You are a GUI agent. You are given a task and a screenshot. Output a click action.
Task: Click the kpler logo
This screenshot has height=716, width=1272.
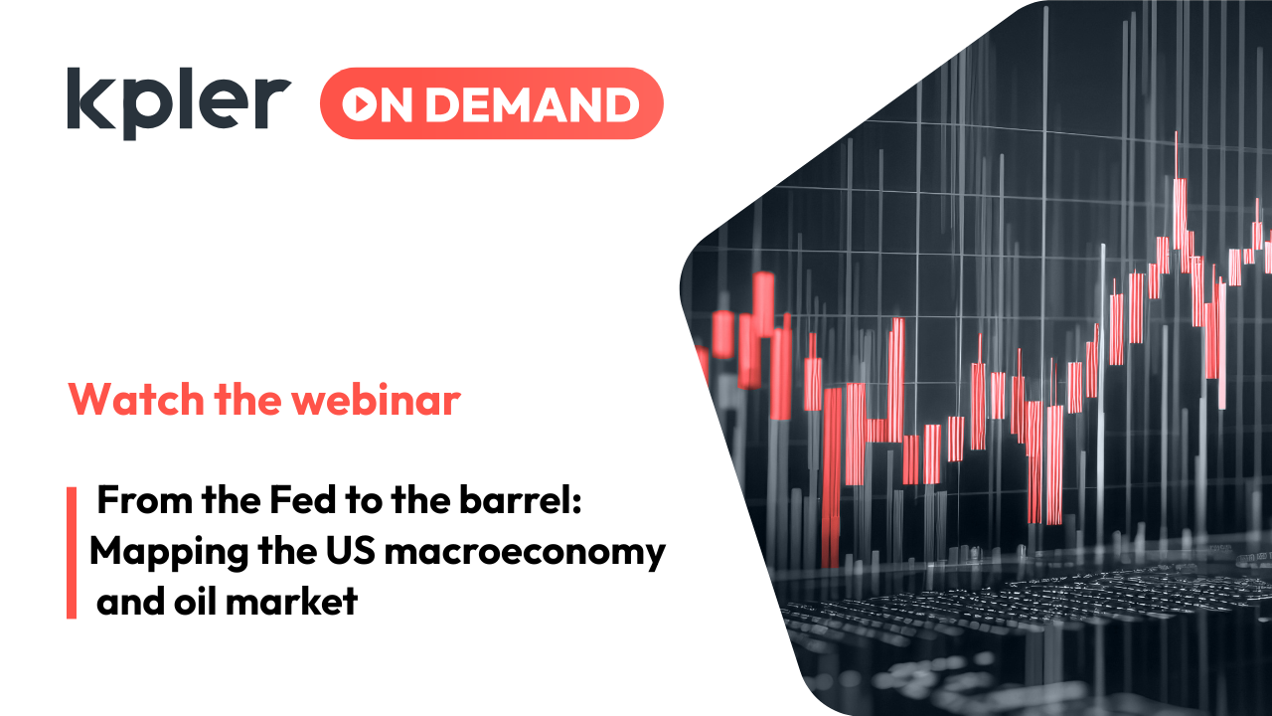coord(179,103)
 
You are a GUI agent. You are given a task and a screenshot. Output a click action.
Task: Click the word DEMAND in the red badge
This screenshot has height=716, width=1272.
coord(526,104)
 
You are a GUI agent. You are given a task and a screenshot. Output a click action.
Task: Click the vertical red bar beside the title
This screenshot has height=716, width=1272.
coord(72,553)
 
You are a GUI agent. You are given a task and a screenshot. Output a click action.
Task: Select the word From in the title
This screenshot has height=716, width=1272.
coord(143,502)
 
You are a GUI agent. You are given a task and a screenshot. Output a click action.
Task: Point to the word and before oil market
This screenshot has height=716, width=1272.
coord(132,601)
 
